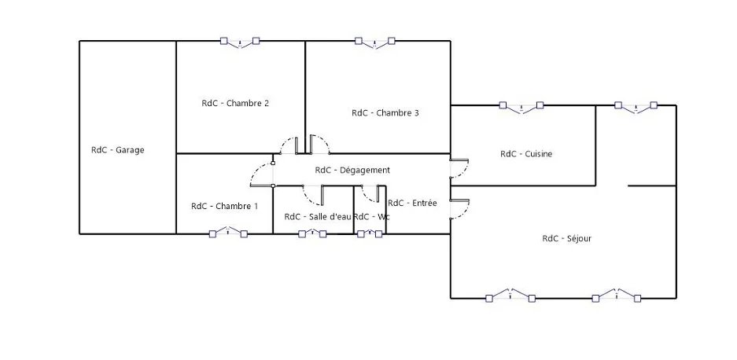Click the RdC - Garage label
pos(117,150)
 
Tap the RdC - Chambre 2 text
pos(235,104)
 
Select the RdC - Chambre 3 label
pos(385,113)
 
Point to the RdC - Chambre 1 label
pos(225,206)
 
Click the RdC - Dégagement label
pos(352,170)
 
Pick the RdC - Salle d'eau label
pos(318,217)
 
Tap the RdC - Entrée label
pos(412,203)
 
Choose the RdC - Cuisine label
pos(526,154)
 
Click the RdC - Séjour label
pos(567,239)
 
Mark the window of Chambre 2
pos(240,42)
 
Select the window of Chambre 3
pos(374,42)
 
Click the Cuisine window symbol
pos(521,107)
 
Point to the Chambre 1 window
pos(228,233)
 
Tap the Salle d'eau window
pos(312,233)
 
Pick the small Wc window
pos(370,233)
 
